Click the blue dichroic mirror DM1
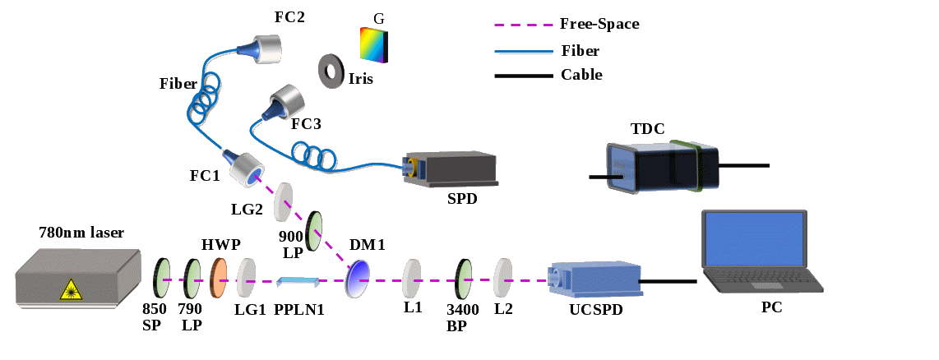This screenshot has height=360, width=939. [358, 278]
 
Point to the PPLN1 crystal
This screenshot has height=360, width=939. [298, 282]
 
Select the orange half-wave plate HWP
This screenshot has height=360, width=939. [219, 278]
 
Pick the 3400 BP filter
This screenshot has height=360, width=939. [465, 279]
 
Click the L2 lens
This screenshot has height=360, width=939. [503, 279]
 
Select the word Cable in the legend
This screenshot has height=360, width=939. [581, 75]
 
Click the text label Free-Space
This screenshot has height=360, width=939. [599, 24]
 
